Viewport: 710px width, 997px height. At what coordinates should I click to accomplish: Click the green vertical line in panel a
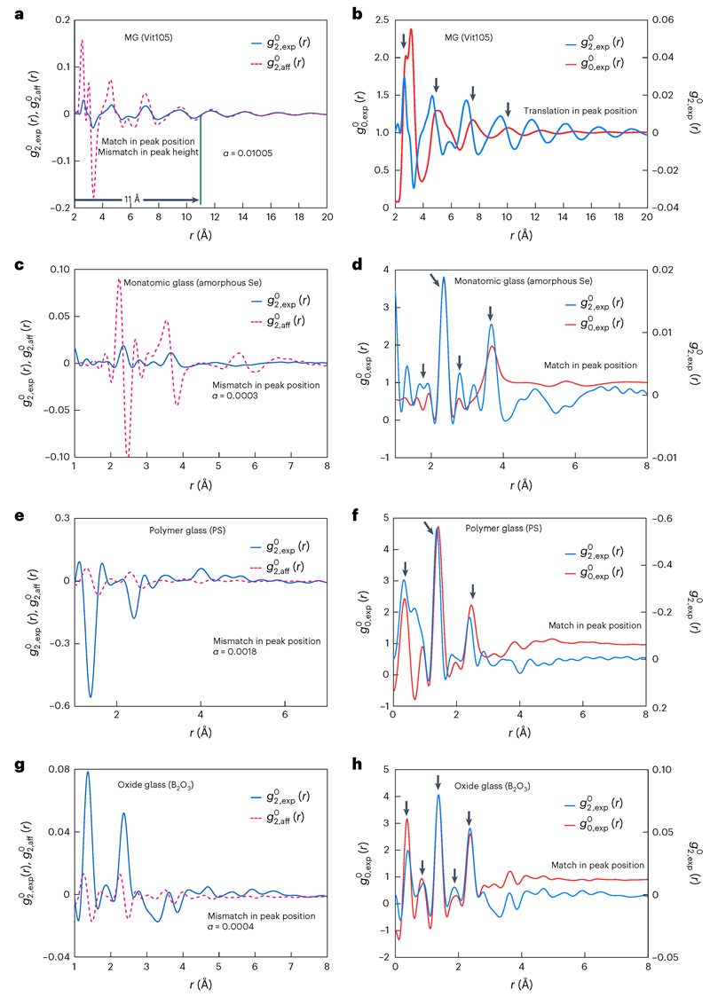(201, 161)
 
